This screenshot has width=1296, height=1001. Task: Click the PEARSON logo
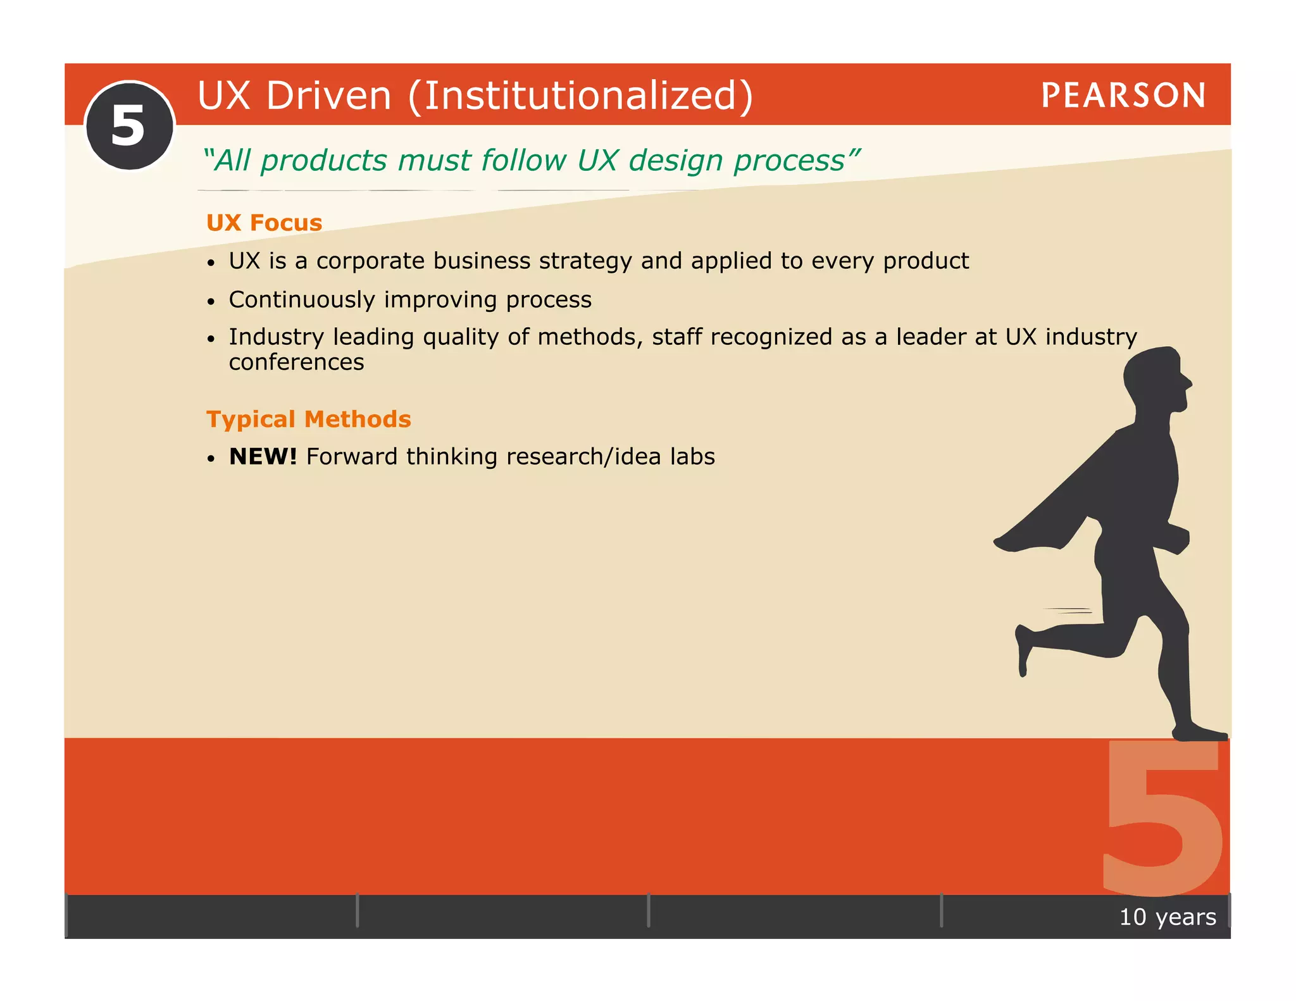pyautogui.click(x=1123, y=96)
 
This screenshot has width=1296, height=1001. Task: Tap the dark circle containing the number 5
pyautogui.click(x=130, y=126)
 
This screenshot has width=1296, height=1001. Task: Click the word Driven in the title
pyautogui.click(x=328, y=96)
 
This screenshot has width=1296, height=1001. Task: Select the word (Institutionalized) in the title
pyautogui.click(x=580, y=96)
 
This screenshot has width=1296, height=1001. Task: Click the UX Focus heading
pyautogui.click(x=264, y=223)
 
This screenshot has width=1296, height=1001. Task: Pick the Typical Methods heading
pyautogui.click(x=308, y=419)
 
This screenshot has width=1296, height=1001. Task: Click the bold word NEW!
pyautogui.click(x=263, y=456)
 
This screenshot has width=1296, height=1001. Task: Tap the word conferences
pyautogui.click(x=296, y=362)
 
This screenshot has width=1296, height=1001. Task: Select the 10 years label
pyautogui.click(x=1167, y=917)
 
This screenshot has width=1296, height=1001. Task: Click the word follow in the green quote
pyautogui.click(x=523, y=160)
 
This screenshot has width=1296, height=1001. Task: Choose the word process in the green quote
pyautogui.click(x=789, y=161)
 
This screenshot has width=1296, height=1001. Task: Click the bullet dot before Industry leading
pyautogui.click(x=211, y=339)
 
